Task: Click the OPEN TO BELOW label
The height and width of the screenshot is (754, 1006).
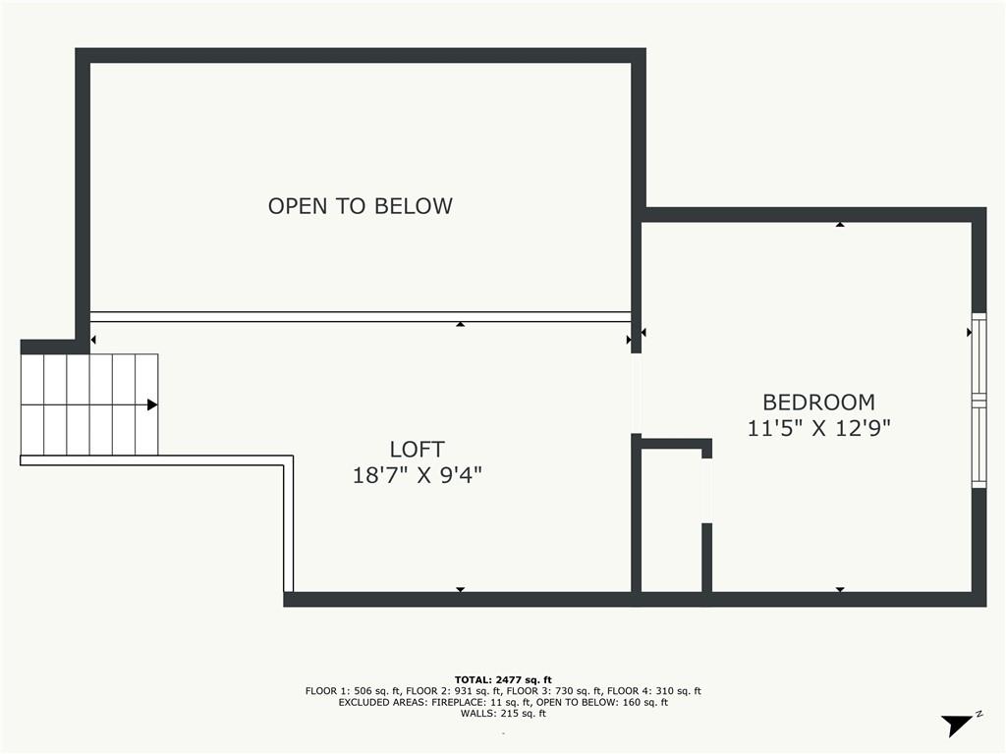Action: point(360,206)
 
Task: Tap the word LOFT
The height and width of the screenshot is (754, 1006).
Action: point(417,449)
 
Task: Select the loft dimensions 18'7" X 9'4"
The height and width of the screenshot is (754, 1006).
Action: point(417,475)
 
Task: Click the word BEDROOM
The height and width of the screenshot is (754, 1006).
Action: point(818,402)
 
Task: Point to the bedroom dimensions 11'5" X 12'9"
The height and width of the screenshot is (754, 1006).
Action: point(818,428)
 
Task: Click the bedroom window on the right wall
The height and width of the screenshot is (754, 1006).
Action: point(978,401)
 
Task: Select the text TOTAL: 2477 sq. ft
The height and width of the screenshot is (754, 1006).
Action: point(503,679)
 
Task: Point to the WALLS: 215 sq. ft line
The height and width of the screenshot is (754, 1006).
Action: point(503,713)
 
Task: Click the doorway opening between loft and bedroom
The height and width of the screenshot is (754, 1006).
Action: point(637,394)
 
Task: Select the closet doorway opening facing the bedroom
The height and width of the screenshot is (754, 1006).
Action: point(706,491)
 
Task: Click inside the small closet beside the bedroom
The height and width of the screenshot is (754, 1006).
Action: point(671,520)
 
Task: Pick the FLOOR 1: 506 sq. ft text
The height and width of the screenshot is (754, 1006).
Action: point(353,691)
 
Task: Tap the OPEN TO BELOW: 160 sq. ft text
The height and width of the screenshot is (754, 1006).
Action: point(602,702)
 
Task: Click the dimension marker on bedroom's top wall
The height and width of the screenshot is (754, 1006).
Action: point(840,225)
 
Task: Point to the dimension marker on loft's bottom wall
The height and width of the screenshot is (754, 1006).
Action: point(460,589)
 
